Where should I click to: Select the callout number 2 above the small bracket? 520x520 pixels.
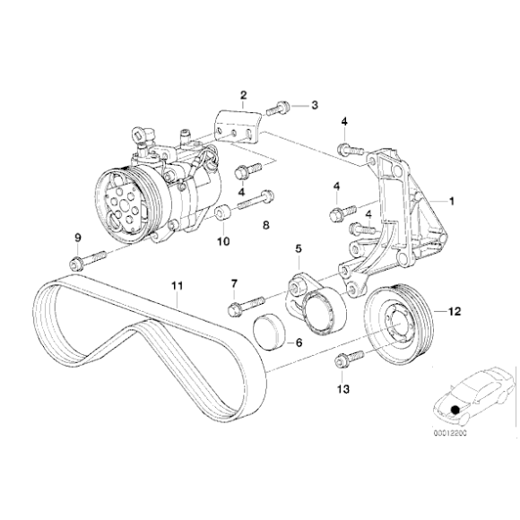(242, 95)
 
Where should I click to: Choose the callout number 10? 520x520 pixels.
(224, 241)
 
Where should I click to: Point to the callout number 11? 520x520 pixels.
(178, 286)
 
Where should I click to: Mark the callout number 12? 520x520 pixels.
(454, 312)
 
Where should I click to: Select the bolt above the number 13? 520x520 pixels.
(344, 361)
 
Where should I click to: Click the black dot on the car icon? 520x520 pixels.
(455, 411)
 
